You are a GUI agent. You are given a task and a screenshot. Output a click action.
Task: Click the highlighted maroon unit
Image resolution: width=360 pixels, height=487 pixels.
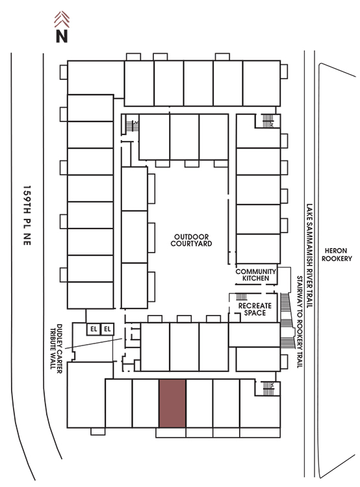[172, 403]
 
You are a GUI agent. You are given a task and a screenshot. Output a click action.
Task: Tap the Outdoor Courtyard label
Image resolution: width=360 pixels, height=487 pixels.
[191, 240]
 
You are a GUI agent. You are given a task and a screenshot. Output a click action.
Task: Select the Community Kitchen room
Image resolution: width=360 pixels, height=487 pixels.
[256, 275]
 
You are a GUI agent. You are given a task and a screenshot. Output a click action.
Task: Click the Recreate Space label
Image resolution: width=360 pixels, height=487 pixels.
[255, 309]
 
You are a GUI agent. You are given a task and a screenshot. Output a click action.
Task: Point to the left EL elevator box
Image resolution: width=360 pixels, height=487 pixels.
[94, 329]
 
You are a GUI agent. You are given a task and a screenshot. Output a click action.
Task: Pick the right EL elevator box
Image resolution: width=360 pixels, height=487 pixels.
[107, 329]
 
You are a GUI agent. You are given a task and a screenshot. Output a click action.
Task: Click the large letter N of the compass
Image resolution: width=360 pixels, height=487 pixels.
[62, 36]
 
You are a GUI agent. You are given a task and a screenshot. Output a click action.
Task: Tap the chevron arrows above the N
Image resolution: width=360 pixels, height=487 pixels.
[62, 19]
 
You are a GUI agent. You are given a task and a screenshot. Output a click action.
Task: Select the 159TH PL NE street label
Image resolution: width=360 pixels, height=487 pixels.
[27, 216]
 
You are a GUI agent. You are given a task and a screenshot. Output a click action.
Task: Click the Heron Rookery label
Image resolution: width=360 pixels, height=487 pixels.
[337, 255]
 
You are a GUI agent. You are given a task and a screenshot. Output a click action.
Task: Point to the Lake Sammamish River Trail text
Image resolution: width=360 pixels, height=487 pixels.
[309, 256]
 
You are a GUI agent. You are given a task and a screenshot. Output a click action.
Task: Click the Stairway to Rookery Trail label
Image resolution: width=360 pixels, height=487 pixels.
[300, 322]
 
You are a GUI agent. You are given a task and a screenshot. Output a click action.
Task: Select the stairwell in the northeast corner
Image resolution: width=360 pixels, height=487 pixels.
[268, 121]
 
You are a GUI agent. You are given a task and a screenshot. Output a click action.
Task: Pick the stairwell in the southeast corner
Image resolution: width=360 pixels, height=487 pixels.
[268, 388]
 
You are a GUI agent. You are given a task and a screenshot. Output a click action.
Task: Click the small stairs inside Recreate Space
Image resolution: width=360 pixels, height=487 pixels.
[242, 297]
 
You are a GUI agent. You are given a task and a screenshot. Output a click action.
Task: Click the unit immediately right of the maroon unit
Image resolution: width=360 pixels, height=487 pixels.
[199, 403]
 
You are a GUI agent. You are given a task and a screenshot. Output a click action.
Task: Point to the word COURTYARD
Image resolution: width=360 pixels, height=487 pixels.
[191, 243]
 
